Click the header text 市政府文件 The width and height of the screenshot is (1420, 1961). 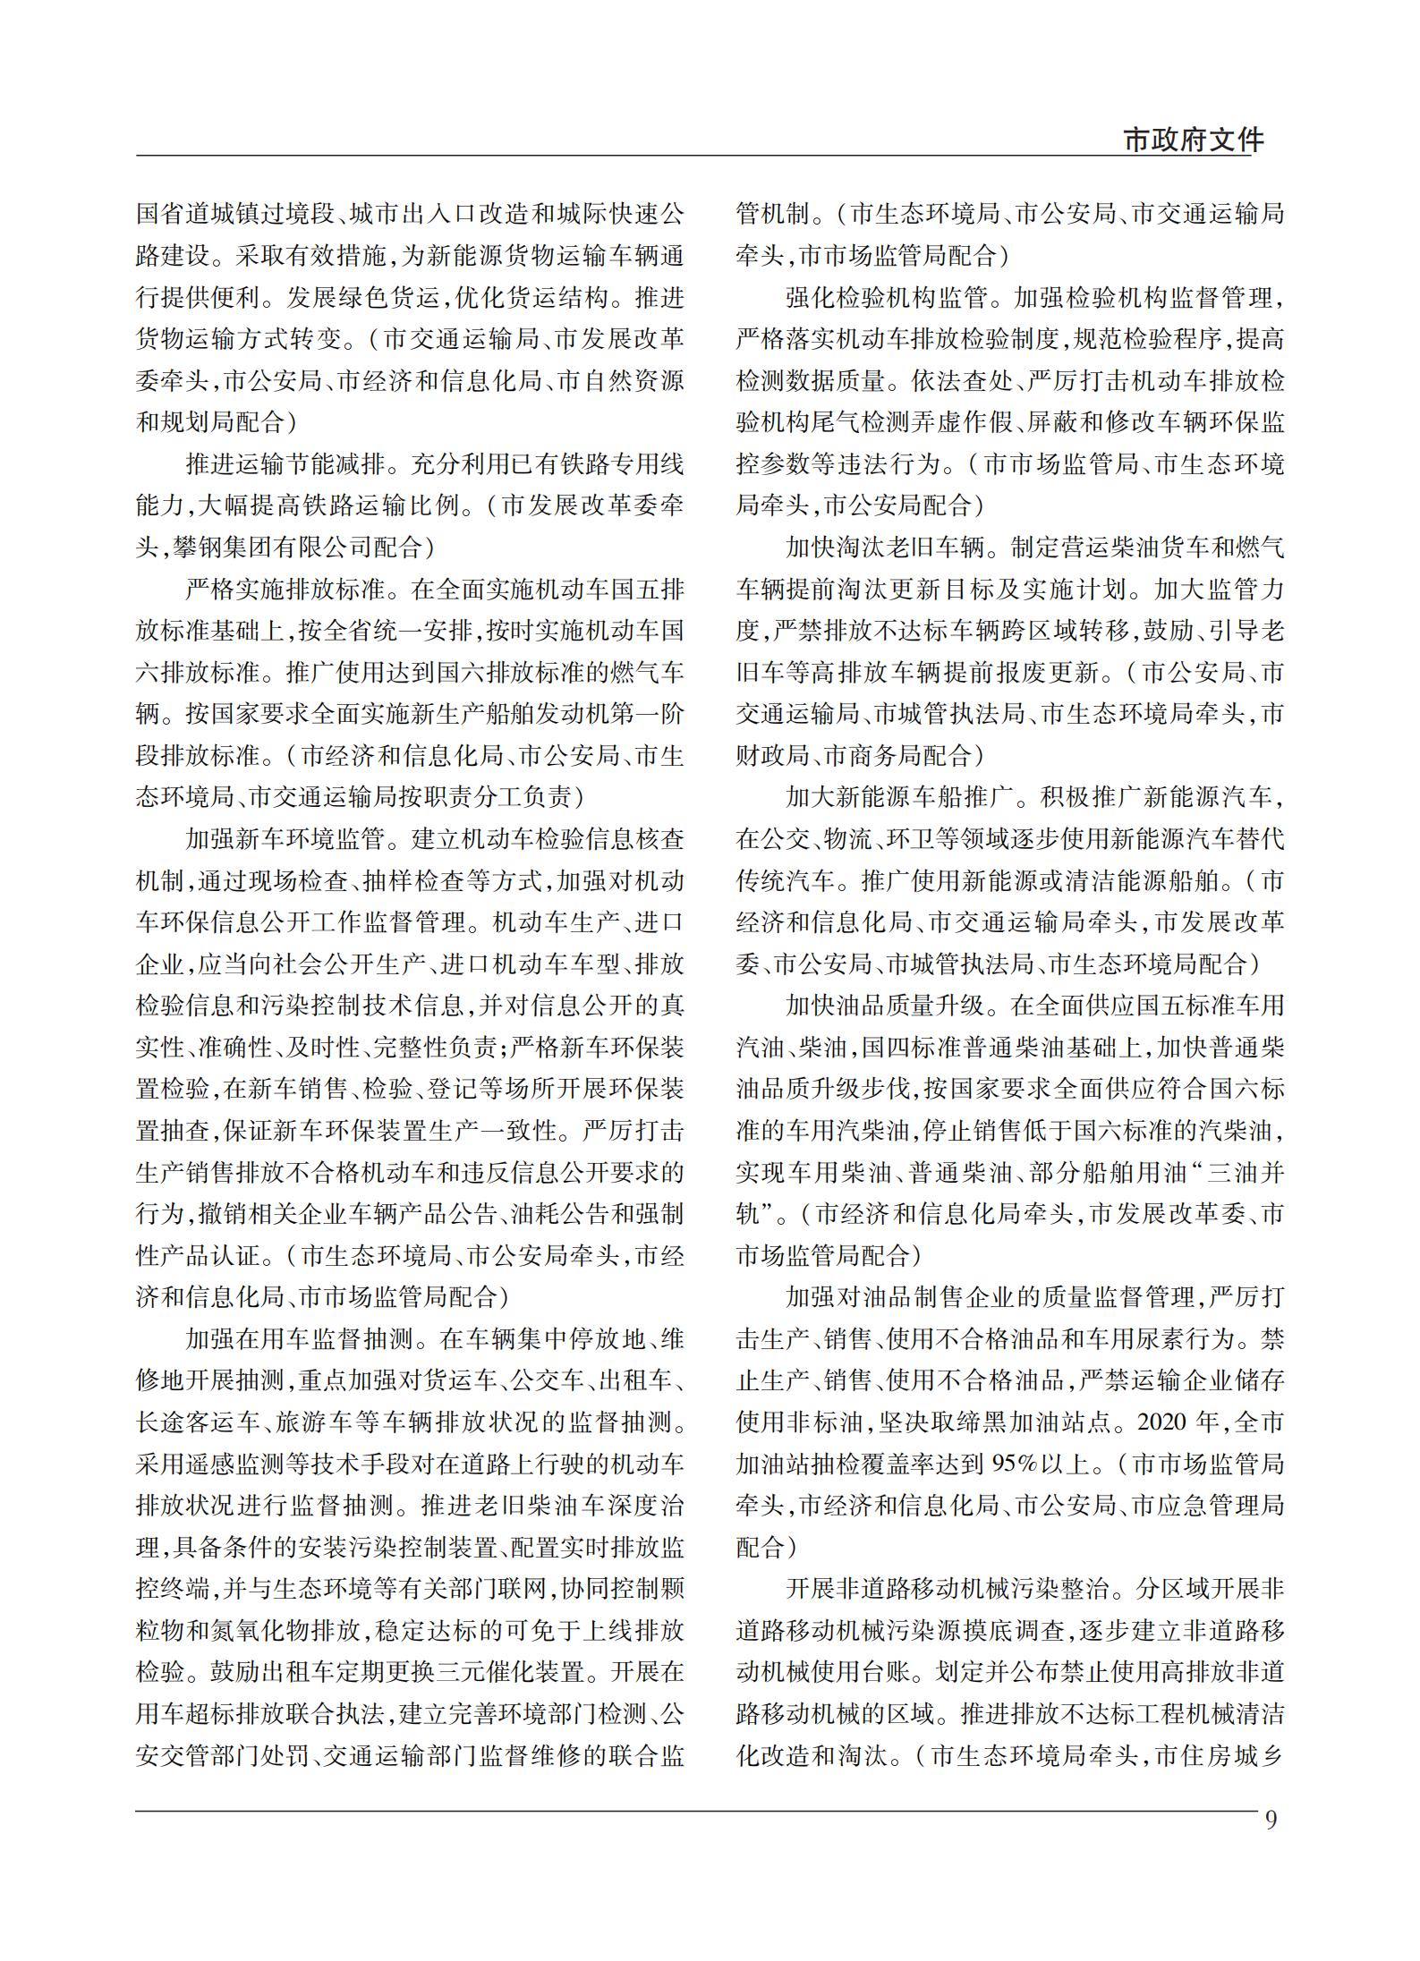tap(1194, 140)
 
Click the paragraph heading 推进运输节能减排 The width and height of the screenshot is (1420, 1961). tap(285, 463)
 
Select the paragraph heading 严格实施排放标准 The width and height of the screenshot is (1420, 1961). tap(285, 589)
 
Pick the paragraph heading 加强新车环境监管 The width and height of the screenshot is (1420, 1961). tap(285, 839)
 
